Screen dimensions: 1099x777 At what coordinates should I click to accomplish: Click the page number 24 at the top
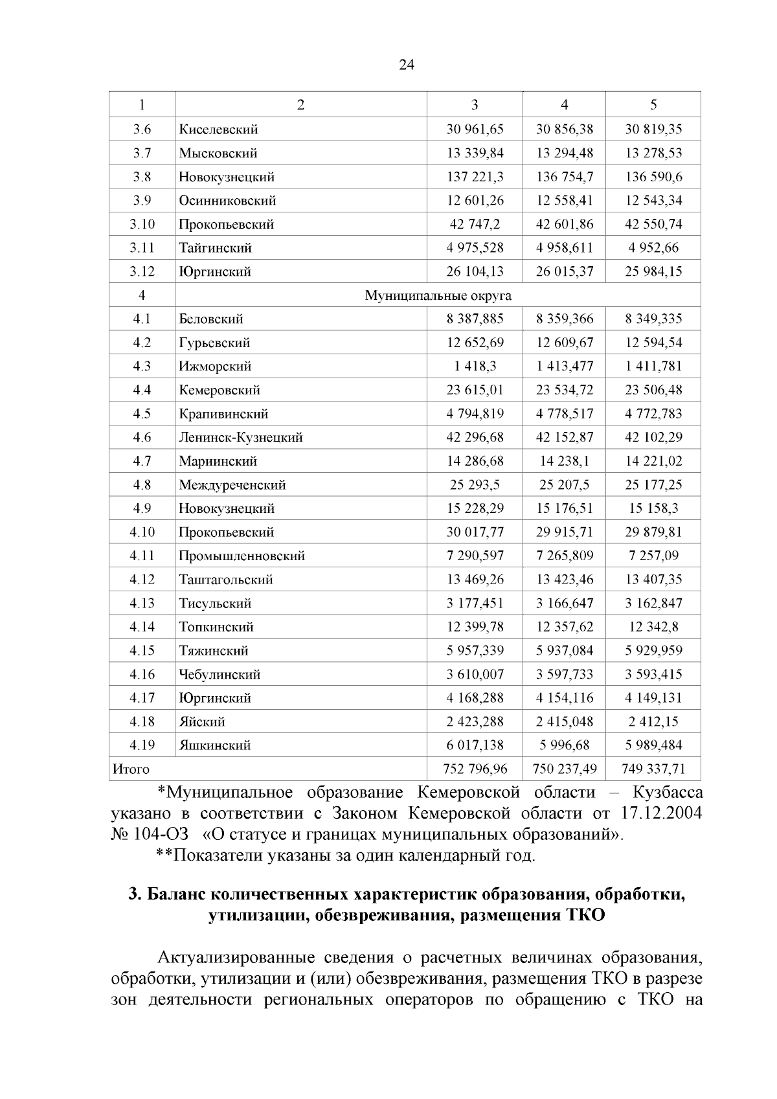407,65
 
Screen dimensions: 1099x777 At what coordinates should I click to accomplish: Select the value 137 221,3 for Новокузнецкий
475,177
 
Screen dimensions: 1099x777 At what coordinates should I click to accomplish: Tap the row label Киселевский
218,130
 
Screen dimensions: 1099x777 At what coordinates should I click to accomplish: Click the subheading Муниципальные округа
438,295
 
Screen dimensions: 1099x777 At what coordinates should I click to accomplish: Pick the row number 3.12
142,272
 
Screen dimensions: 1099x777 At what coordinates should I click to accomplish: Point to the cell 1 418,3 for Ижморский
475,367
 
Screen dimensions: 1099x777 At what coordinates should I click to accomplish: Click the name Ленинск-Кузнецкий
241,438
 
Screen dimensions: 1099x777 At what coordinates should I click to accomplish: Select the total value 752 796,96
475,769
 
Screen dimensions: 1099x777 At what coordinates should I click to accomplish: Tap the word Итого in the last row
131,769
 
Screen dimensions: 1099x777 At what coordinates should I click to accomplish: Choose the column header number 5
653,105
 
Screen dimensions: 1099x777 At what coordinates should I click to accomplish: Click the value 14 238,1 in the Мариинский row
564,461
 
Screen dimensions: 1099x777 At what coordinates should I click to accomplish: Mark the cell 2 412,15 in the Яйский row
653,721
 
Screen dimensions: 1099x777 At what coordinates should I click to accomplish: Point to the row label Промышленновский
242,556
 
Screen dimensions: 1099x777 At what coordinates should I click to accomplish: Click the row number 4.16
142,674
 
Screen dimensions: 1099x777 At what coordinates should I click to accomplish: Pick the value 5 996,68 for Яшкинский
564,745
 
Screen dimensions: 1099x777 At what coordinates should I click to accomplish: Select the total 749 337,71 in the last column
653,769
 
